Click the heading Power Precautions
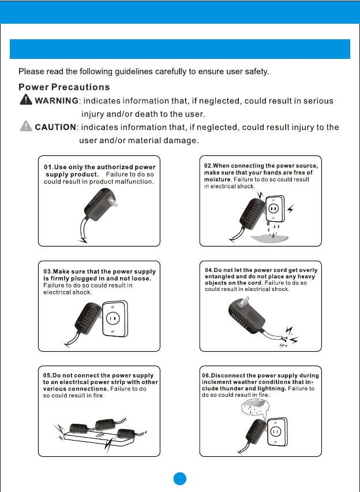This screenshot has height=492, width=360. pyautogui.click(x=64, y=87)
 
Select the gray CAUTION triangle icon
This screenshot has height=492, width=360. pyautogui.click(x=26, y=126)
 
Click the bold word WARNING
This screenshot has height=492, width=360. pyautogui.click(x=57, y=101)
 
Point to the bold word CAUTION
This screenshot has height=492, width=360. pyautogui.click(x=55, y=127)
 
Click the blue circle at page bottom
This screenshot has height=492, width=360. pyautogui.click(x=181, y=479)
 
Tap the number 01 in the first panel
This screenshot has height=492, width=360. pyautogui.click(x=48, y=167)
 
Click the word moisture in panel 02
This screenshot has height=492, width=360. pyautogui.click(x=217, y=180)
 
